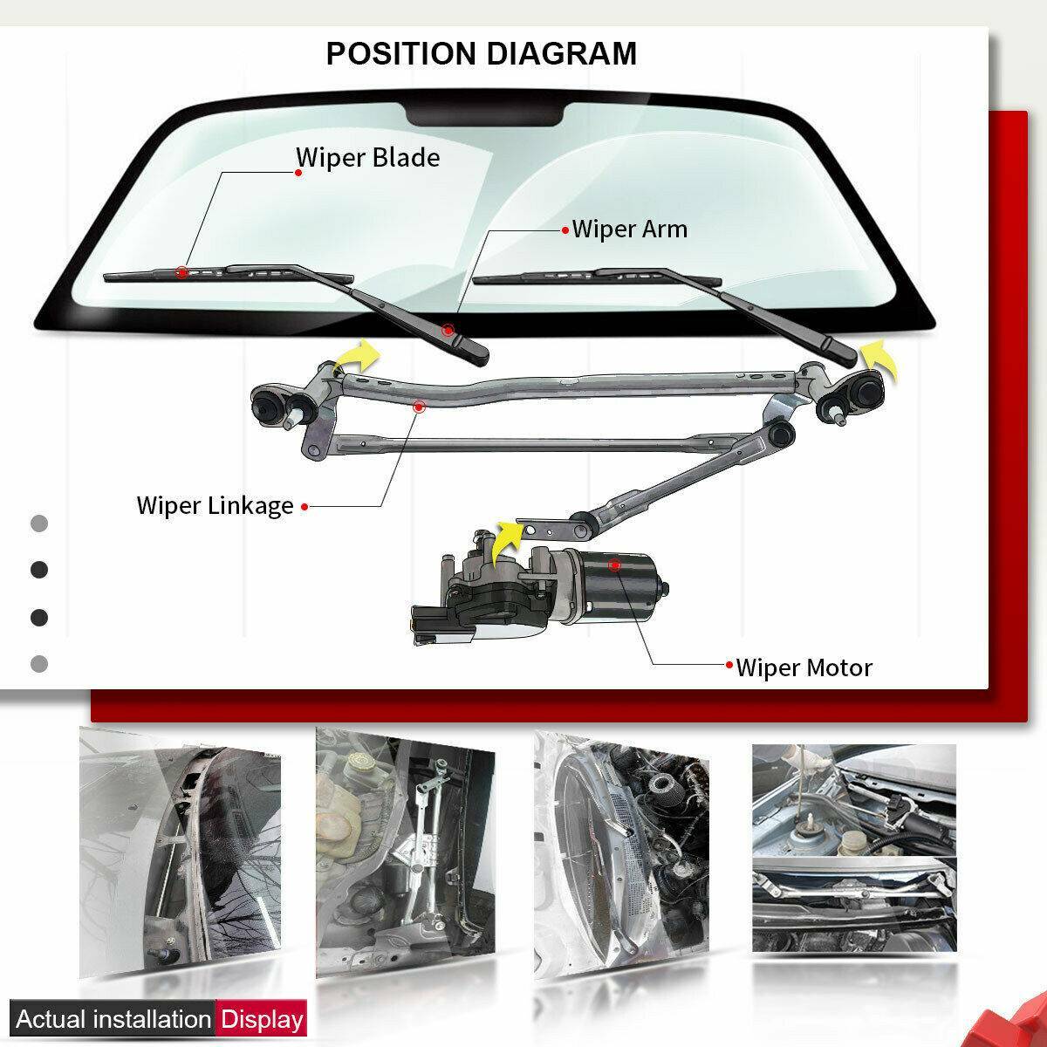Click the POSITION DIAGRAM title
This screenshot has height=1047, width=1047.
click(x=481, y=53)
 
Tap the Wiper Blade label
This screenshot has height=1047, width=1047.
click(x=367, y=158)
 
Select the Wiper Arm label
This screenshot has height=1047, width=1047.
click(x=629, y=229)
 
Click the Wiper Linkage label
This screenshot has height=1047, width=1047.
click(x=215, y=505)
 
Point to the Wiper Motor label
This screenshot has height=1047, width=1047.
click(x=804, y=668)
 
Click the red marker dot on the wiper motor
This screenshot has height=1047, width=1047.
click(x=615, y=565)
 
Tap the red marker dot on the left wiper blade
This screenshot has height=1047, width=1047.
click(x=181, y=271)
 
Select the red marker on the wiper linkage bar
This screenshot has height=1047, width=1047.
click(x=419, y=406)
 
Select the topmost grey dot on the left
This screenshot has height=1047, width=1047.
click(x=39, y=524)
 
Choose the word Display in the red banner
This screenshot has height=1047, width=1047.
click(x=262, y=1019)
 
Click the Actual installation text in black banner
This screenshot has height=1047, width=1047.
click(x=113, y=1019)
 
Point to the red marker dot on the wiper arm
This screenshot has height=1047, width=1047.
click(x=448, y=330)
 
